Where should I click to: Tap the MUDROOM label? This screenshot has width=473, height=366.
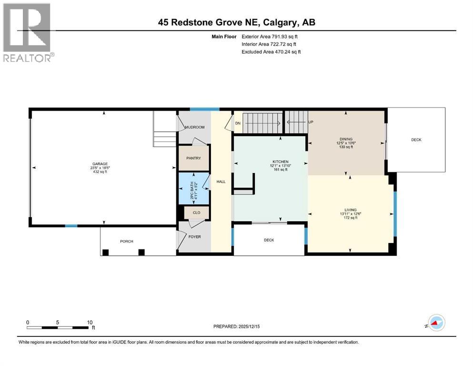194,127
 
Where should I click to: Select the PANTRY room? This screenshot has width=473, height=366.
193,158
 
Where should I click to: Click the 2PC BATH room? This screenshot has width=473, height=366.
193,189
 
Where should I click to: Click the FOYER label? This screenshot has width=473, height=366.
194,236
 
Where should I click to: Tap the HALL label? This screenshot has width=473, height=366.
221,182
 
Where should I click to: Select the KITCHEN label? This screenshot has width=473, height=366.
280,162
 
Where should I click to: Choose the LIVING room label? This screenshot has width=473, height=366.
351,209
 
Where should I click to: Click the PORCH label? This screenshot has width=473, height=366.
126,242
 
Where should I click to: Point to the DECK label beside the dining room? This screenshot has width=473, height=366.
416,140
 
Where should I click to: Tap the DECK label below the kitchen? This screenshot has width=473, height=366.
269,240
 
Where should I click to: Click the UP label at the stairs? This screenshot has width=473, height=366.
311,122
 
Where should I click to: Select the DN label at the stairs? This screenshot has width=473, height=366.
238,123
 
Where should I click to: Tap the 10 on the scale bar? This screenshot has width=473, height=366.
90,322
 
